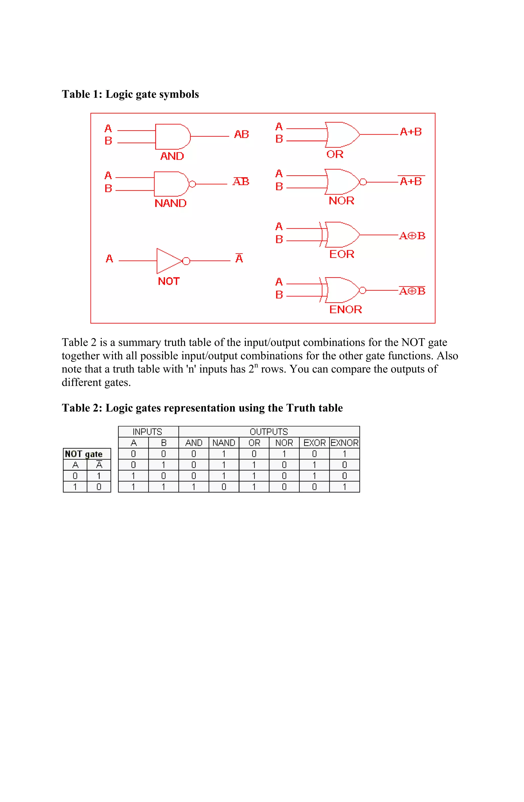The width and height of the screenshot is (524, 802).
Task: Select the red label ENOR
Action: (x=345, y=309)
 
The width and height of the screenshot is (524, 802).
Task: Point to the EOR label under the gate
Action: (x=342, y=254)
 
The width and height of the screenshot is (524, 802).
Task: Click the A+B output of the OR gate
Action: (x=410, y=132)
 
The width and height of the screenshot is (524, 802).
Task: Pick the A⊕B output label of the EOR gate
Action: (x=412, y=236)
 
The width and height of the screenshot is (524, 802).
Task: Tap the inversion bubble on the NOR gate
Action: (x=363, y=182)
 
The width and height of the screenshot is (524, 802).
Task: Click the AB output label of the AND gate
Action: (x=241, y=134)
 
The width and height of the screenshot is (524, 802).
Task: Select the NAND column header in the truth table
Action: (x=224, y=443)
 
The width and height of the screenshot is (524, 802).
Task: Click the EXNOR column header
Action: (x=344, y=443)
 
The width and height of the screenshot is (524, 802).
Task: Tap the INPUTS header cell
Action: (x=147, y=432)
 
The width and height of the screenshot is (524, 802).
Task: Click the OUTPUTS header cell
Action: (x=269, y=432)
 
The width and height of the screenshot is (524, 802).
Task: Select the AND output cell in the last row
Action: (x=194, y=487)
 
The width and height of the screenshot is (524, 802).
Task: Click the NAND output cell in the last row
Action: (x=224, y=487)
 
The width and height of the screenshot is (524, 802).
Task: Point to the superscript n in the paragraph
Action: (x=256, y=365)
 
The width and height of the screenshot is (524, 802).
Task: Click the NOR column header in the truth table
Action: (x=284, y=443)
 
